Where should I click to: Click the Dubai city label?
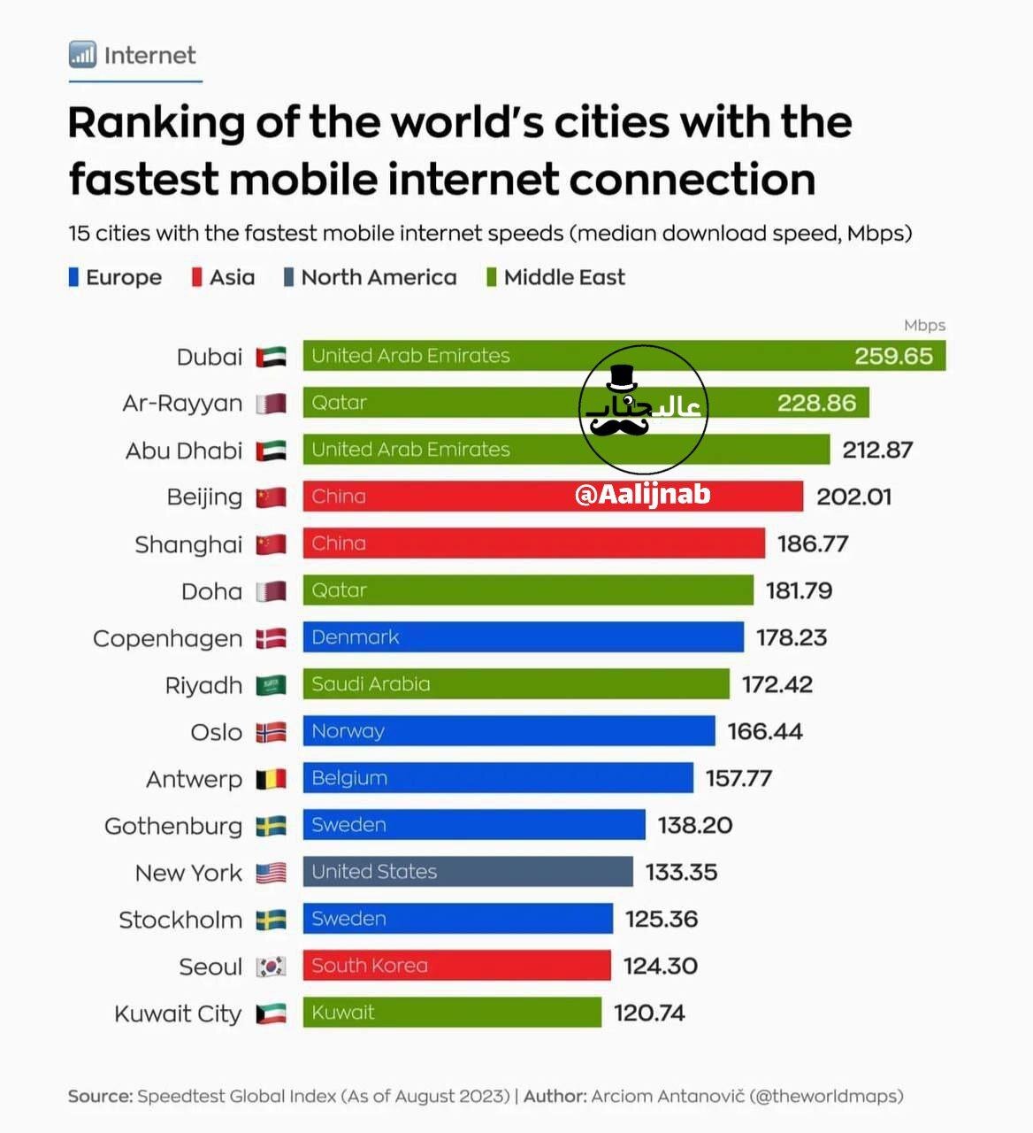[209, 357]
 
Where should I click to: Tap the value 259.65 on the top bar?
[893, 356]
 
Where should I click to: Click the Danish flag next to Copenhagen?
[272, 638]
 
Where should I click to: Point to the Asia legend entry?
[224, 278]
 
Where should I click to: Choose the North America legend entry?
[371, 278]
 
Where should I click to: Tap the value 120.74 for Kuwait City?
[649, 1013]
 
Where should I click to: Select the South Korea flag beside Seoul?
[272, 967]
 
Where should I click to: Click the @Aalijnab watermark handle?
[643, 494]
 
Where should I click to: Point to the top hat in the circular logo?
[623, 378]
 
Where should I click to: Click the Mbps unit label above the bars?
[924, 325]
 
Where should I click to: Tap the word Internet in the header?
[149, 56]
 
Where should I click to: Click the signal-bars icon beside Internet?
[82, 55]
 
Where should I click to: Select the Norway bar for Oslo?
[509, 731]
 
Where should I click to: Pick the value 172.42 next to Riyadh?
[777, 684]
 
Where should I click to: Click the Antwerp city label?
[194, 779]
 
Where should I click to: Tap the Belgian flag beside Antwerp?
[272, 779]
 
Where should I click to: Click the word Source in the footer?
[99, 1096]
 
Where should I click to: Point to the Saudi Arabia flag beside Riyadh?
[272, 685]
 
